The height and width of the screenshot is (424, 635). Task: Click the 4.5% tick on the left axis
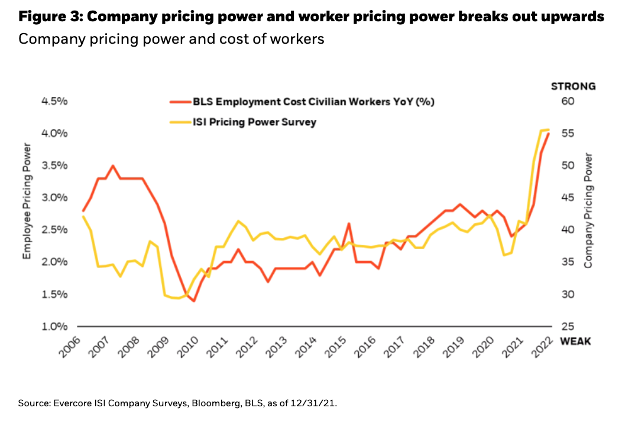coord(54,102)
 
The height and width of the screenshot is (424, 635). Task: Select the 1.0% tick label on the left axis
coord(54,327)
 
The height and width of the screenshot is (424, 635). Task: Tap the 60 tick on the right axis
coord(568,102)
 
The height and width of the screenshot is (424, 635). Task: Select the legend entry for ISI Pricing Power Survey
coord(254,122)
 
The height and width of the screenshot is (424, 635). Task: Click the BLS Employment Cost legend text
coord(313,102)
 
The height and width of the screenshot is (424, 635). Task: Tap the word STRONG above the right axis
coord(573,86)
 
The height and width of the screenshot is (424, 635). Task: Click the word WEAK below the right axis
coord(575,341)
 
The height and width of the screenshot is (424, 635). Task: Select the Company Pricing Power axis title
coord(588,210)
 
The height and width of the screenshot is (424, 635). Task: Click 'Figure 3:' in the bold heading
coord(50,17)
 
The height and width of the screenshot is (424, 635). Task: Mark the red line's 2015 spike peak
coord(349,224)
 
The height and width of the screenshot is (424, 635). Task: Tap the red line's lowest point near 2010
coord(193,301)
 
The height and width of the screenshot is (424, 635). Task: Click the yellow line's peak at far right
coord(548,129)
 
